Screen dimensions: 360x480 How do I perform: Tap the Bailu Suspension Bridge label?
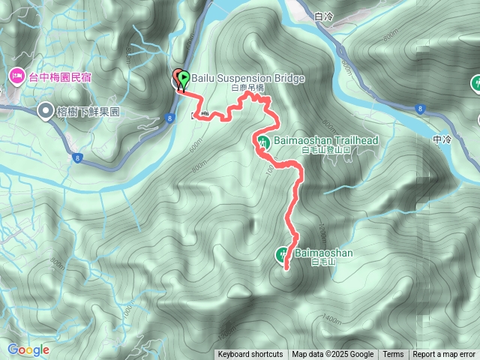coord(236,76)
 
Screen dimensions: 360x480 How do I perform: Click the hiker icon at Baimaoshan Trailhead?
coord(262,141)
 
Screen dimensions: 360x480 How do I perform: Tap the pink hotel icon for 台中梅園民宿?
coord(16,76)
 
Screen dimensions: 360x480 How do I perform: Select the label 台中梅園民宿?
coord(60,76)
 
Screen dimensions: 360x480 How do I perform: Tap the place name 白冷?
coord(325,15)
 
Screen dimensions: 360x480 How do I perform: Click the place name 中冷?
coord(444,139)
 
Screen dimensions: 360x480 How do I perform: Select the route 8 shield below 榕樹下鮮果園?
coord(77,157)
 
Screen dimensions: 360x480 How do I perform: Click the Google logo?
coord(28,349)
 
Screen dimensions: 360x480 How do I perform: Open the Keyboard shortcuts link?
coord(250,355)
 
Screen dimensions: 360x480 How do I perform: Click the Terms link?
coord(393,355)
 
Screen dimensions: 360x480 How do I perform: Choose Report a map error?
coord(444,355)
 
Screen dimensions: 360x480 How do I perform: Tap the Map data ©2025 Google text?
coord(332,355)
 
